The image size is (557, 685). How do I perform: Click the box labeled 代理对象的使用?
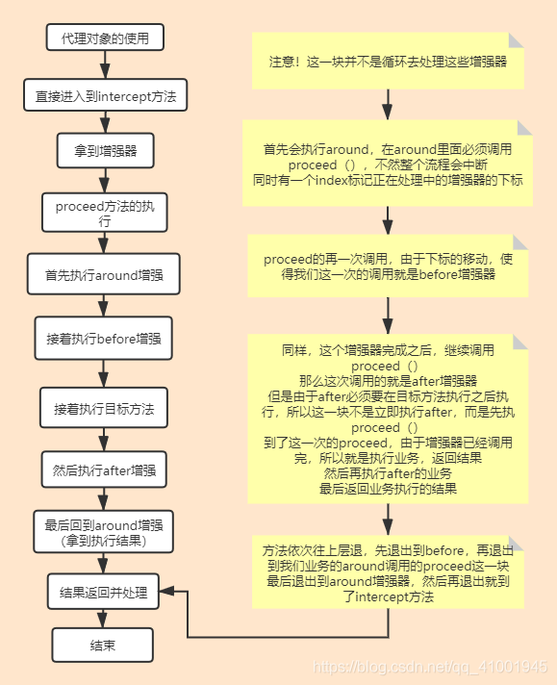coord(105,38)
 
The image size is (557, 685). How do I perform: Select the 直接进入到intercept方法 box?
coord(105,96)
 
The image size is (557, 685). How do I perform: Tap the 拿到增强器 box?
coord(105,151)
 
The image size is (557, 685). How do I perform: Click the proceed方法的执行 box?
coord(105,213)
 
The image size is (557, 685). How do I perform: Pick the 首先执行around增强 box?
coord(105,274)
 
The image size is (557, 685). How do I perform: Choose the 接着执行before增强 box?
coord(104,339)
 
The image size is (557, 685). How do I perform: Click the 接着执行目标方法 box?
coord(104,408)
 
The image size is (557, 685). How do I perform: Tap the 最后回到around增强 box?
coord(104,533)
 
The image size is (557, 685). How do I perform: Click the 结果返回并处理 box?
coord(104,593)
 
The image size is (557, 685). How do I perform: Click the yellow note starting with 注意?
coord(388,61)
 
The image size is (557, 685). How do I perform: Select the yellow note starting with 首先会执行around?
coord(388,164)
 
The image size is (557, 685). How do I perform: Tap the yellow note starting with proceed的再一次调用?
coord(388,266)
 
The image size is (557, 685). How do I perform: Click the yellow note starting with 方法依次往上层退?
coord(388,573)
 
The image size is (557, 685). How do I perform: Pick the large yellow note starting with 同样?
coord(388,419)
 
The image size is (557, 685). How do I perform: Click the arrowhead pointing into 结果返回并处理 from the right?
coord(168,593)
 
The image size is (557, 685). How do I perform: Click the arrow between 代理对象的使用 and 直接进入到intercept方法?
coord(105,66)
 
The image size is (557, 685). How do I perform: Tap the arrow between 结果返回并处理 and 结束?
coord(104,620)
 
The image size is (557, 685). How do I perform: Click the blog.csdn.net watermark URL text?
coord(432,667)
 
